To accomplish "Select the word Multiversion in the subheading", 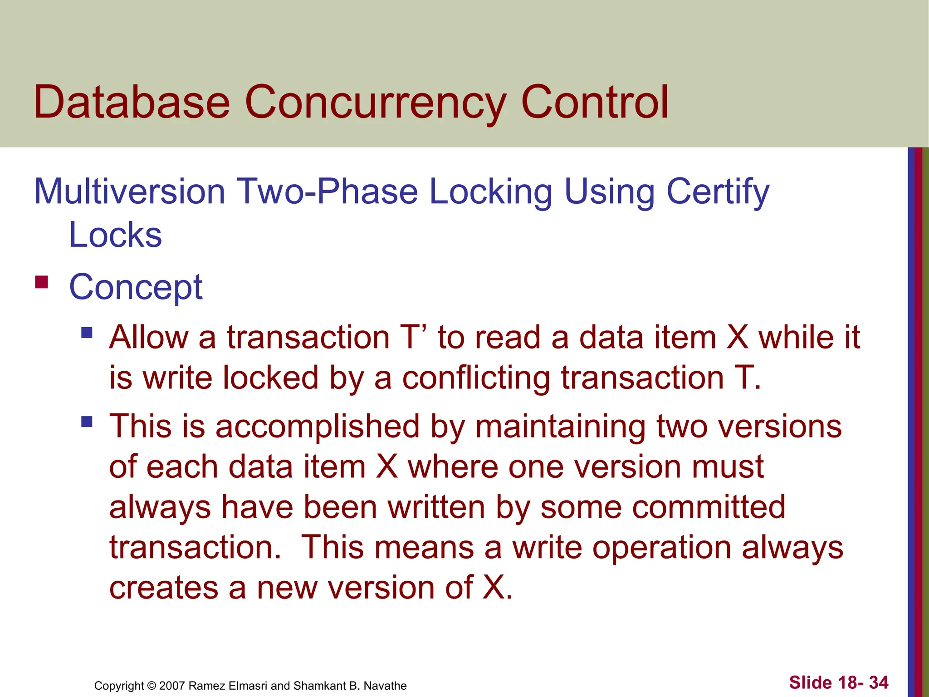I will [129, 191].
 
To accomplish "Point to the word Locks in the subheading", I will [115, 235].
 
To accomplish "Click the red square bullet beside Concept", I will [41, 282].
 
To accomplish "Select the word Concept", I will [136, 288].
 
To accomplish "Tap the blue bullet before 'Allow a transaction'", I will [87, 334].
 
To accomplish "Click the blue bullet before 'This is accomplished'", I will [87, 422].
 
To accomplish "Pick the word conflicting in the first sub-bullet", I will [476, 378].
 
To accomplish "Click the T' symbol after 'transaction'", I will [414, 337].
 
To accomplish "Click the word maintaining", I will [560, 427].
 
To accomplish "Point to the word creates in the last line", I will [163, 588].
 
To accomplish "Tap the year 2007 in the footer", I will [172, 686].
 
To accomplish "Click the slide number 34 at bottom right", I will [879, 682].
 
